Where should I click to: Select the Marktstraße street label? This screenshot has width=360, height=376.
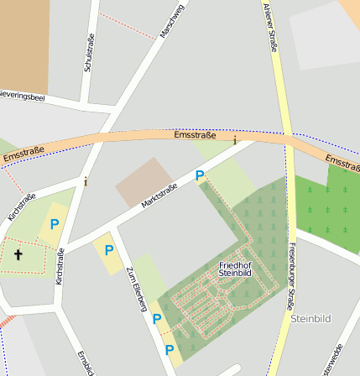point(159,196)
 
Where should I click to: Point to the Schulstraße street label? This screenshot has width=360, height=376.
point(87,52)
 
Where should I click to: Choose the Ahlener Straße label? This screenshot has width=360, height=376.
point(269,27)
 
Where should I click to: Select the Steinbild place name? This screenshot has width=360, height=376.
point(311,319)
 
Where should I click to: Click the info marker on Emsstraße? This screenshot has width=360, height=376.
point(235,140)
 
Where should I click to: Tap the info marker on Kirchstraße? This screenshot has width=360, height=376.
point(85,180)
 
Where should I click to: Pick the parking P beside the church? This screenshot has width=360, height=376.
point(55,224)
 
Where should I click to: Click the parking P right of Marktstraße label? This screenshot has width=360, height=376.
point(200,175)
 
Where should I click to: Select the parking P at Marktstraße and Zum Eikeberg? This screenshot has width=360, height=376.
point(109,249)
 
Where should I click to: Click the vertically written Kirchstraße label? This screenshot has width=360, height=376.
point(60,266)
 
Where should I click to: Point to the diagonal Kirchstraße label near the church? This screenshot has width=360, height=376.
point(22,208)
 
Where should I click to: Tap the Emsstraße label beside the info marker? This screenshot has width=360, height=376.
point(195,135)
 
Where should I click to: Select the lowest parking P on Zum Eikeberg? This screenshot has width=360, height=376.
point(170,349)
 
